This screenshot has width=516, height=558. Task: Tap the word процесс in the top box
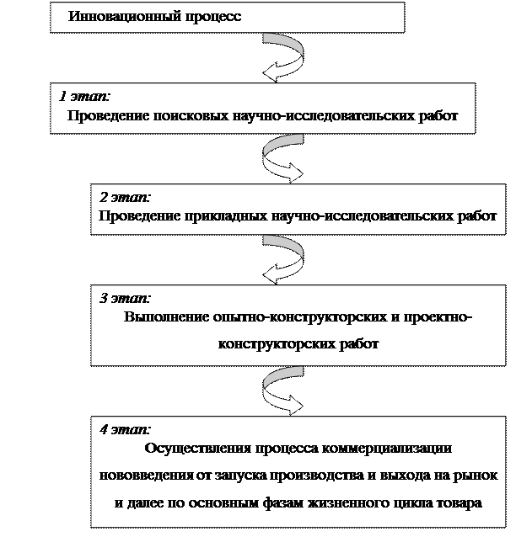click(x=212, y=17)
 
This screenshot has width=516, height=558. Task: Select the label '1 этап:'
click(x=84, y=97)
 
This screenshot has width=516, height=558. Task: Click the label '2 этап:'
click(x=125, y=197)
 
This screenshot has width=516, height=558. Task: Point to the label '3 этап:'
click(x=125, y=298)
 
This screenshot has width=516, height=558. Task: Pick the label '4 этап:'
click(x=125, y=429)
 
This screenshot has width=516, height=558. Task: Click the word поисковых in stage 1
click(x=191, y=116)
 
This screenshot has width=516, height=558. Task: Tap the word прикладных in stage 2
click(x=226, y=216)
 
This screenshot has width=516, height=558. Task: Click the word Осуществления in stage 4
click(x=197, y=449)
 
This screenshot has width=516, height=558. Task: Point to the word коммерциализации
click(x=387, y=448)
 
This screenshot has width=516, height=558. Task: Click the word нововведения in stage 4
click(x=147, y=476)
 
